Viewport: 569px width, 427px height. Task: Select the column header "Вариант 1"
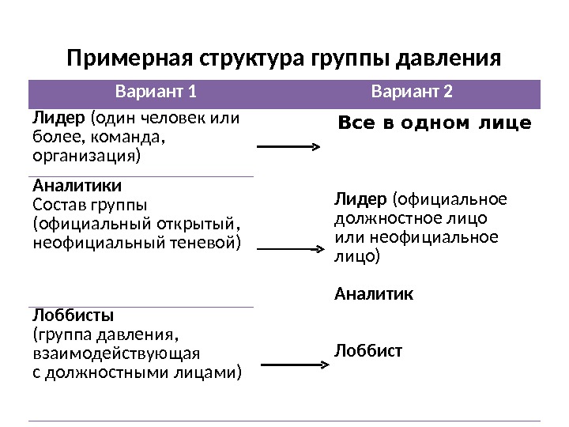(x=156, y=93)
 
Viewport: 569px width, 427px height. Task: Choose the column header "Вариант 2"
(x=413, y=93)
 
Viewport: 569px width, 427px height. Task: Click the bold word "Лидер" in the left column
(x=58, y=119)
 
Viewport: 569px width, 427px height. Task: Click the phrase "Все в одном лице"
(x=435, y=124)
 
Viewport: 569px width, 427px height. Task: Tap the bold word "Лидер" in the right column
(x=360, y=198)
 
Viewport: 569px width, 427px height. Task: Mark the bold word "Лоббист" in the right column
(x=368, y=349)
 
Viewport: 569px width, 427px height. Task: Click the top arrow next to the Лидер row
(x=288, y=147)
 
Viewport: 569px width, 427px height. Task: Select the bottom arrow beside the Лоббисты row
(x=293, y=365)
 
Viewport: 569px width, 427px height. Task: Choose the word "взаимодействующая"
(x=115, y=353)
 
